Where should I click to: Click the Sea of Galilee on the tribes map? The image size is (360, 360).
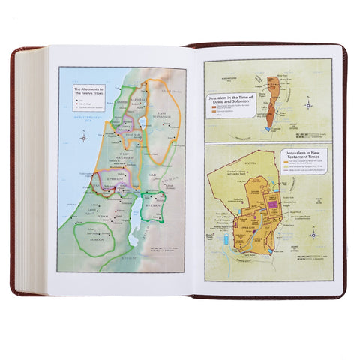(x=142, y=121)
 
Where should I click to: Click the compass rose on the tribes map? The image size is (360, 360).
(x=84, y=137)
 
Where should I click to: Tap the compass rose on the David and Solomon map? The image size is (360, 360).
(x=310, y=105)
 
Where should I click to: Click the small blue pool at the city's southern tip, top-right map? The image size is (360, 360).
(x=268, y=130)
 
